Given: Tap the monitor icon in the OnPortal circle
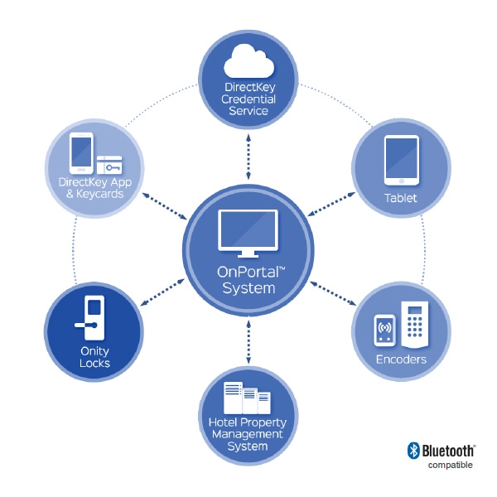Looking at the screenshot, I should pyautogui.click(x=248, y=234).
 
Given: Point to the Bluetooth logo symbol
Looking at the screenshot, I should pyautogui.click(x=413, y=451).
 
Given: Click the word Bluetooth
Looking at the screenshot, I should pyautogui.click(x=448, y=451).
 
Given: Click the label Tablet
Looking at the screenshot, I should pyautogui.click(x=401, y=199).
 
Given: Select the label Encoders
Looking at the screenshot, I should pyautogui.click(x=401, y=359).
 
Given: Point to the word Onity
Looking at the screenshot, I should pyautogui.click(x=94, y=352).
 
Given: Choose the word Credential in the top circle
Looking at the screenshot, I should pyautogui.click(x=248, y=99).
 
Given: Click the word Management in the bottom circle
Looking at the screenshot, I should pyautogui.click(x=247, y=434).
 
